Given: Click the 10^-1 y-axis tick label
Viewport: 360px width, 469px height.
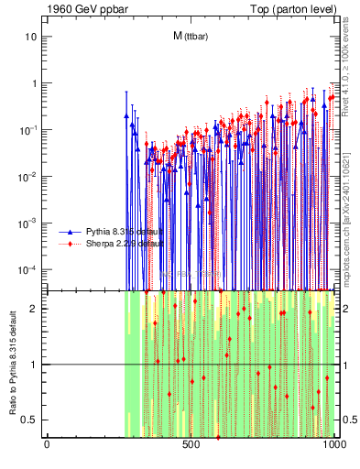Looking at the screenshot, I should coord(27,130).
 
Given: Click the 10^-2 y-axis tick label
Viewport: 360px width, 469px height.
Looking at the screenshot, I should coord(27,177).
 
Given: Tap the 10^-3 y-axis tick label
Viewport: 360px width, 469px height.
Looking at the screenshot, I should coord(27,224).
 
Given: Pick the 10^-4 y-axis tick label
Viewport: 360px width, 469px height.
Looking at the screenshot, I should coord(27,270).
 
